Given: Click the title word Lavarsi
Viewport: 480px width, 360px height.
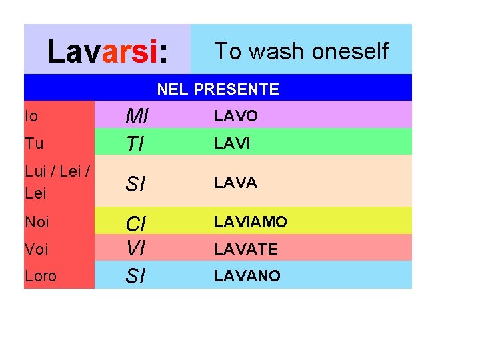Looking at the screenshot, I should pos(107,51).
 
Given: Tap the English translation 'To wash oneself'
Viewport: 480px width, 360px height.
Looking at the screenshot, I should pos(301,51).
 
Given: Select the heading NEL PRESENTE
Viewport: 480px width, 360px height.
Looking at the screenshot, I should pos(218,89).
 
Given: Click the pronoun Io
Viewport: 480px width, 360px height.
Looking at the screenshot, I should pos(31,116).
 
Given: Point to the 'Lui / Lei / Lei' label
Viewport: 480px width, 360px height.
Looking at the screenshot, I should pos(57,181).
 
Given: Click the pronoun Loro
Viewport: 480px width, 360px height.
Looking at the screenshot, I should pos(41,275).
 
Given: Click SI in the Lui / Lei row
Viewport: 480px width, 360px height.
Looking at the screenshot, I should pos(135,183).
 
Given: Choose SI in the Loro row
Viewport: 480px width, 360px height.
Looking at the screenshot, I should pos(135,275).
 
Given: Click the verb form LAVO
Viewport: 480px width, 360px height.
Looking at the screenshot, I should pos(236,117).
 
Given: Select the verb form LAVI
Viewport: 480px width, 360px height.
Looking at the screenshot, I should pos(233,143).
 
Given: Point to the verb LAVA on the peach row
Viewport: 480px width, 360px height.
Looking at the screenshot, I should pos(235,183).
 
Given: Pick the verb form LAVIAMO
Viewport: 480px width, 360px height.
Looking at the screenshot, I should pos(251,222).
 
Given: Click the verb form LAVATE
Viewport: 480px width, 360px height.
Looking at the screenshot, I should pos(246,249).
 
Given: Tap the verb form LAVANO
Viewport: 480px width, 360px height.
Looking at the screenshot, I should pos(247,275).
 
